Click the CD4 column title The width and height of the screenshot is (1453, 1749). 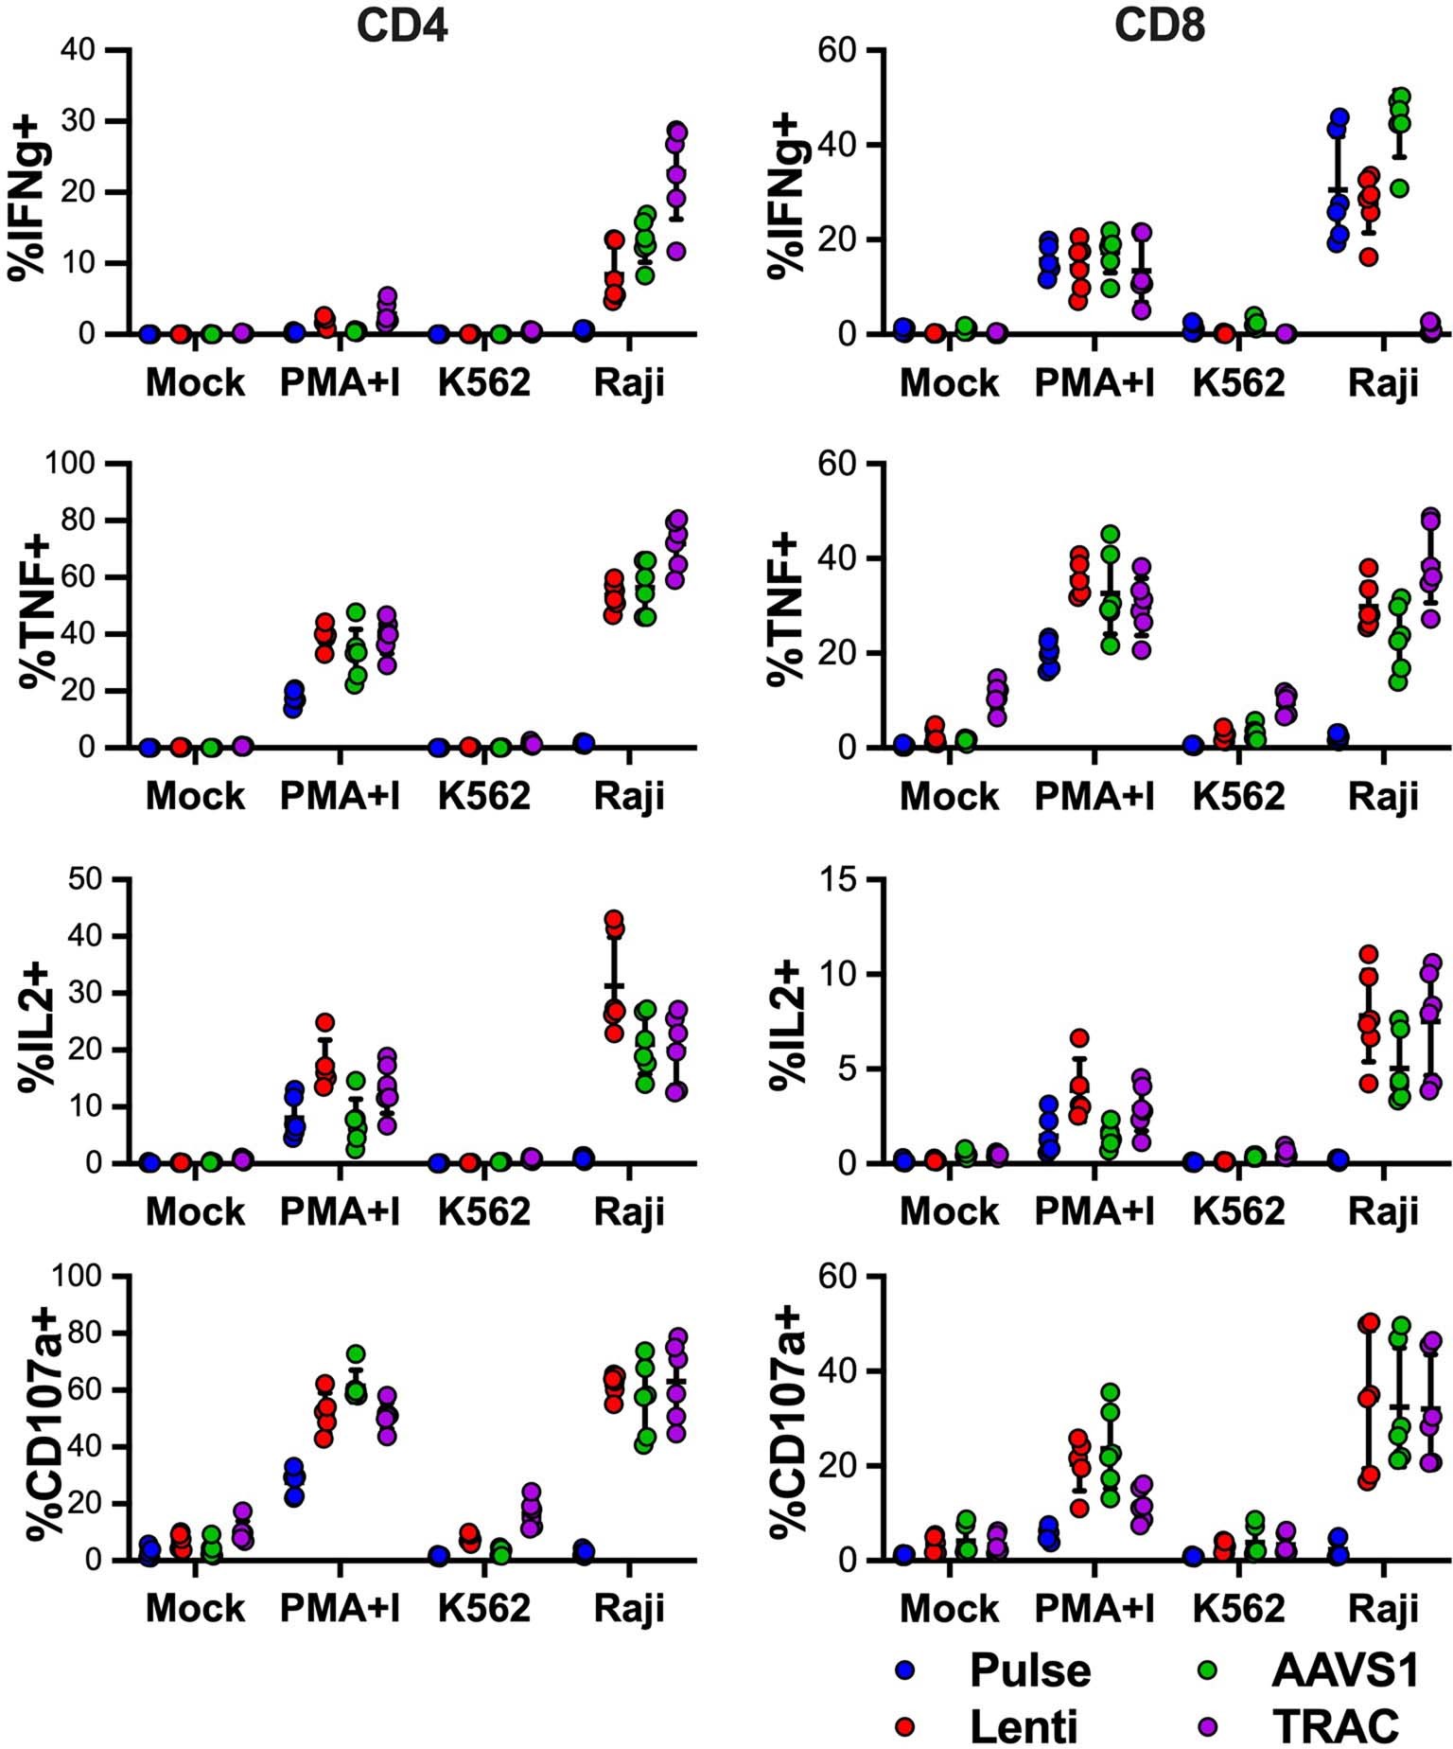click(401, 27)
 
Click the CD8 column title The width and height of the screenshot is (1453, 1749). click(1158, 27)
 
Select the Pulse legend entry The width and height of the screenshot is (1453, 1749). click(1029, 1672)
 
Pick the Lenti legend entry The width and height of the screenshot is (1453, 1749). click(1024, 1725)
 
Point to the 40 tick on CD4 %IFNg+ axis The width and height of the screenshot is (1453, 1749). click(82, 49)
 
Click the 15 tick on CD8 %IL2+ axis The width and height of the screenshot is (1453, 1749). click(838, 880)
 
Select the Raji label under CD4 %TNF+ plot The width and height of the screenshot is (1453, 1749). click(629, 797)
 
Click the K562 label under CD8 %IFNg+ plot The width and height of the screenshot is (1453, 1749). click(1238, 383)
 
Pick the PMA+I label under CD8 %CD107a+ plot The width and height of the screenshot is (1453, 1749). click(1094, 1608)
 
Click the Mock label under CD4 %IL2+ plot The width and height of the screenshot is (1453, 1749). click(195, 1211)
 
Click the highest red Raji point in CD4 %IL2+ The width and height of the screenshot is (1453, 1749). click(614, 919)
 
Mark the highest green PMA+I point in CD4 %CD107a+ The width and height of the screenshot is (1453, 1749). click(356, 1354)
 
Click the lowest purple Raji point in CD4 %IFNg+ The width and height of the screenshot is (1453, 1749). click(675, 251)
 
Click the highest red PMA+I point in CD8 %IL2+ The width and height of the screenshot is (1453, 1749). click(1079, 1038)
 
